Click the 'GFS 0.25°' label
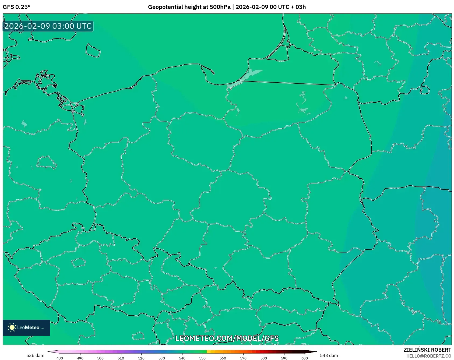click(16, 7)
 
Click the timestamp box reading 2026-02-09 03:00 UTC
click(48, 26)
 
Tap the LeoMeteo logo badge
click(26, 327)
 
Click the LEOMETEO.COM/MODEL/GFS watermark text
click(227, 338)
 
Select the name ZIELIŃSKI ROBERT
click(427, 350)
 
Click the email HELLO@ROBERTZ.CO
click(428, 356)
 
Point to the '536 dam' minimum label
click(35, 355)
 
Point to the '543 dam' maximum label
click(329, 355)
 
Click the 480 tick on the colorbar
click(60, 358)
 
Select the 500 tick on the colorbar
click(100, 358)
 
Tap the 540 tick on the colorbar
click(182, 358)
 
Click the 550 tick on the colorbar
click(202, 358)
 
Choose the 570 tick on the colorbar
click(243, 358)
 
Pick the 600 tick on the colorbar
click(304, 358)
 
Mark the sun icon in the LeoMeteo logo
click(12, 327)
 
